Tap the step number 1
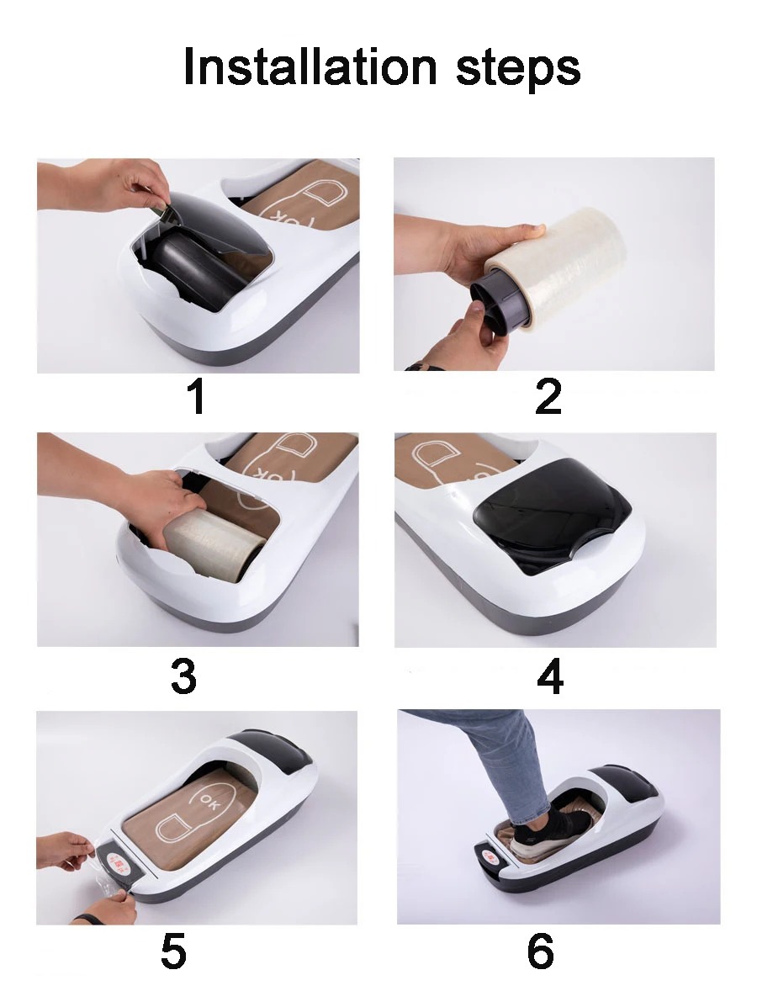point(196,397)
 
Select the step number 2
point(548,397)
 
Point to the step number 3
point(183,676)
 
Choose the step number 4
point(549,676)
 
